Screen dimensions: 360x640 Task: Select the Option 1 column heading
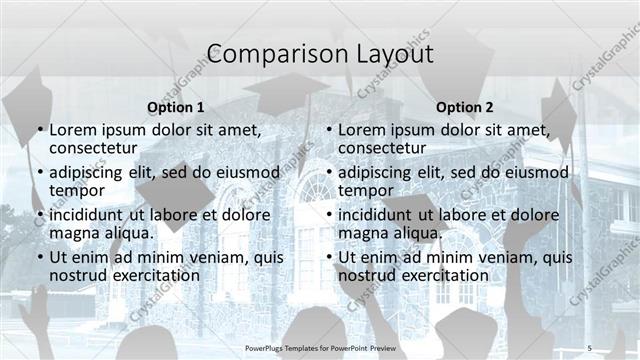coord(175,107)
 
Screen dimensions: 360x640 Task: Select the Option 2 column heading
coord(465,107)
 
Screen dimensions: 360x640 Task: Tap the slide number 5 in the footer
coord(589,347)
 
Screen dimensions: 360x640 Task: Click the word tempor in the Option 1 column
coord(77,190)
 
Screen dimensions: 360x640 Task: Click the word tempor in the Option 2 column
coord(366,190)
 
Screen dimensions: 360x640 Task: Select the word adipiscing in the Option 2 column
coord(378,172)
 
